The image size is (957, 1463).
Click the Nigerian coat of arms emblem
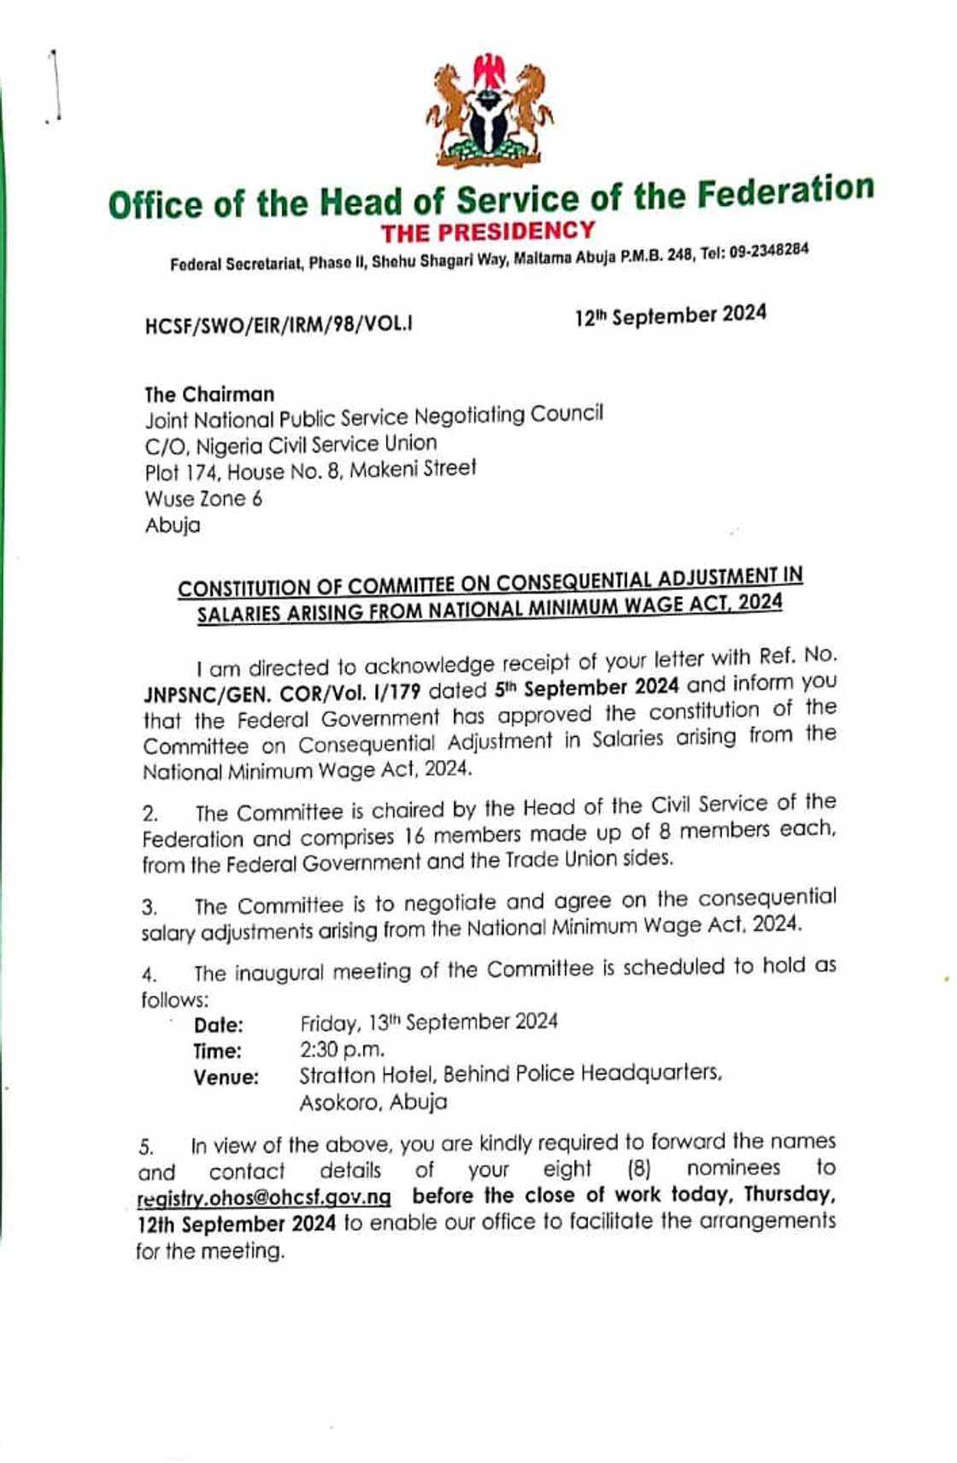point(489,110)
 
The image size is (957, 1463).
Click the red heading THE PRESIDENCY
point(488,232)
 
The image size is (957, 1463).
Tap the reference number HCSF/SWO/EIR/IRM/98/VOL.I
point(279,325)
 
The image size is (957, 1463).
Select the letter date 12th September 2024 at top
point(670,316)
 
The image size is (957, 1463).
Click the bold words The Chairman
point(209,394)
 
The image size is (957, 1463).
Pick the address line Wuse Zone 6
point(203,498)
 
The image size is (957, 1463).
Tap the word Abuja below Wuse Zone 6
point(173,525)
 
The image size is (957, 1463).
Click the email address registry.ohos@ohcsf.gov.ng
point(264,1198)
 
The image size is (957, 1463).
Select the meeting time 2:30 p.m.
point(342,1049)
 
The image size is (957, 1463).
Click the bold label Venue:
point(226,1077)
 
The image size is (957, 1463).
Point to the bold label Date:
point(219,1025)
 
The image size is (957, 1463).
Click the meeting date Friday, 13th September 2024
point(428,1023)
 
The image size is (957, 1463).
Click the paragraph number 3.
point(150,907)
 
